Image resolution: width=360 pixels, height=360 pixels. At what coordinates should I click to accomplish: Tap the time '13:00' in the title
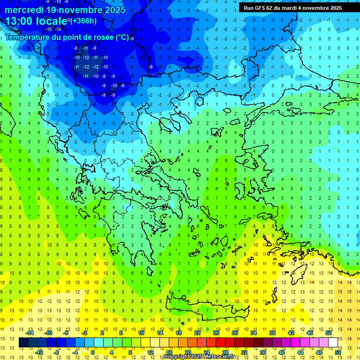coord(20,21)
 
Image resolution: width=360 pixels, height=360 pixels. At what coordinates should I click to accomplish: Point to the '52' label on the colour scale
coord(337,352)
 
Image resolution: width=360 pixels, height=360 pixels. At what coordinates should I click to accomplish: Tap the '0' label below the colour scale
coord(93,352)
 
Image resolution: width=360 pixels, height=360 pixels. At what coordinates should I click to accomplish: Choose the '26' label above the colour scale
coord(216,333)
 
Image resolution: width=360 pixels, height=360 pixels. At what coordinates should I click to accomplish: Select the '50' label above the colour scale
coord(328,333)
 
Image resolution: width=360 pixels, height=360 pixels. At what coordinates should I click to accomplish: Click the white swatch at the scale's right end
coord(333,343)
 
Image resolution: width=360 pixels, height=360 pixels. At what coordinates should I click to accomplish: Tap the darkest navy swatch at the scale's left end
coord(24,343)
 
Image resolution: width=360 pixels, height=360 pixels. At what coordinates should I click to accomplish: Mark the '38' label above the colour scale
coord(272,333)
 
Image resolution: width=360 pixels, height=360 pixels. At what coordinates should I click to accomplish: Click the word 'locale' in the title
coord(51,21)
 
